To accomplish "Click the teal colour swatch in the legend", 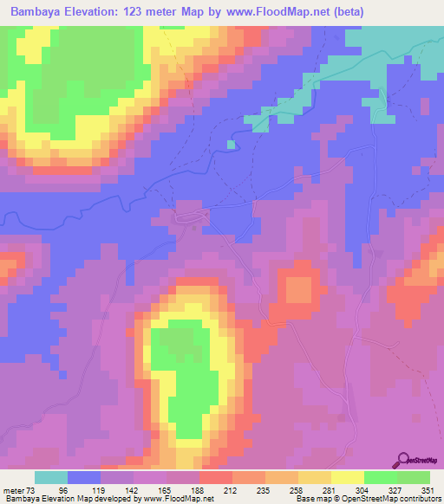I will coord(50,477).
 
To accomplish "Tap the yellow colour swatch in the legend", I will coord(347,477).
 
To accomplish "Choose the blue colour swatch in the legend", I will coord(84,477).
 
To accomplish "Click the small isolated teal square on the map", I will coord(231,145).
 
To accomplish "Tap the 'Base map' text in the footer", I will coord(310,498).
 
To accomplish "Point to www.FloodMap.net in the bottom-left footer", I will coord(179,498).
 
